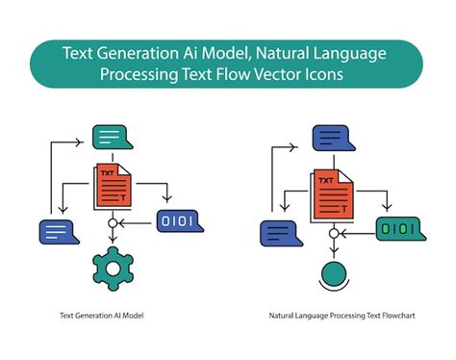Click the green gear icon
[113, 269]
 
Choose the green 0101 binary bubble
[396, 230]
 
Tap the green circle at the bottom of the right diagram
[333, 271]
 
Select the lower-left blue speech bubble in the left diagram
[57, 231]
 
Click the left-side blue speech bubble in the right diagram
[278, 232]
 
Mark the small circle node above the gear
[113, 223]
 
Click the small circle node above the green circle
[333, 231]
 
